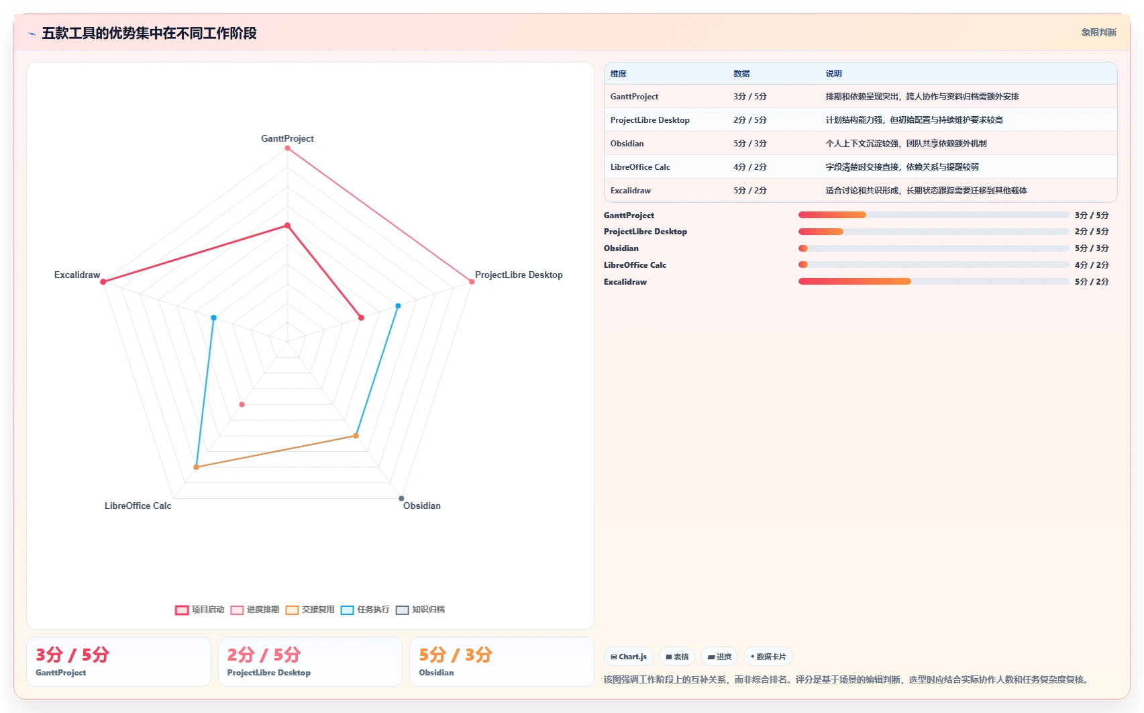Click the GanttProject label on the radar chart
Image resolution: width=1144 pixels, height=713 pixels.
pos(287,138)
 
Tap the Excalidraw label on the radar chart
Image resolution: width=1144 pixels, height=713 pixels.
pos(77,275)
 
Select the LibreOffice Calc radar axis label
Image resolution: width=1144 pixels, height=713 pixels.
pos(138,506)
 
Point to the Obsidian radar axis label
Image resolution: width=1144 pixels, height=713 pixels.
pos(422,506)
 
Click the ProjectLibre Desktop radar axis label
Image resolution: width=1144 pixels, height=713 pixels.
pos(519,275)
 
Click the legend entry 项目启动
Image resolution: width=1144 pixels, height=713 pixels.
pos(200,610)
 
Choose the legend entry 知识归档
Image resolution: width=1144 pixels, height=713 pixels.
pos(420,610)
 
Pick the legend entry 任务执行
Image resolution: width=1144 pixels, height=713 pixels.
pos(365,610)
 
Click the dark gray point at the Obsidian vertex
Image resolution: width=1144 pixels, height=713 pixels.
pos(401,498)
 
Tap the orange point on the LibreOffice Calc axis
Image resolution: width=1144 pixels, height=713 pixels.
pos(196,467)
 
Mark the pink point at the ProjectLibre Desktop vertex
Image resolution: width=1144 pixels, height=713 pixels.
pos(472,281)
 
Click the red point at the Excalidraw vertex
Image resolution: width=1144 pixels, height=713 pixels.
pos(103,281)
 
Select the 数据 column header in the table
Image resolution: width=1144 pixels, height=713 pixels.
pos(741,74)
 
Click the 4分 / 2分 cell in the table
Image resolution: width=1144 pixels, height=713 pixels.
pos(749,167)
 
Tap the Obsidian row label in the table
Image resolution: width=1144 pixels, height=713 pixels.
pos(627,144)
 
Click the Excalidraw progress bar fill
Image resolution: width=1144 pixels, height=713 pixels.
pos(854,281)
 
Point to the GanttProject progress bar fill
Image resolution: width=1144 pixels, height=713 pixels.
pos(832,216)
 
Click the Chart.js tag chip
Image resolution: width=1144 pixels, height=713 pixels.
pos(628,657)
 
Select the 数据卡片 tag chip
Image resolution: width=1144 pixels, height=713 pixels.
pos(768,657)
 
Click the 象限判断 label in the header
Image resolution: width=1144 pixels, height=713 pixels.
pos(1098,33)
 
